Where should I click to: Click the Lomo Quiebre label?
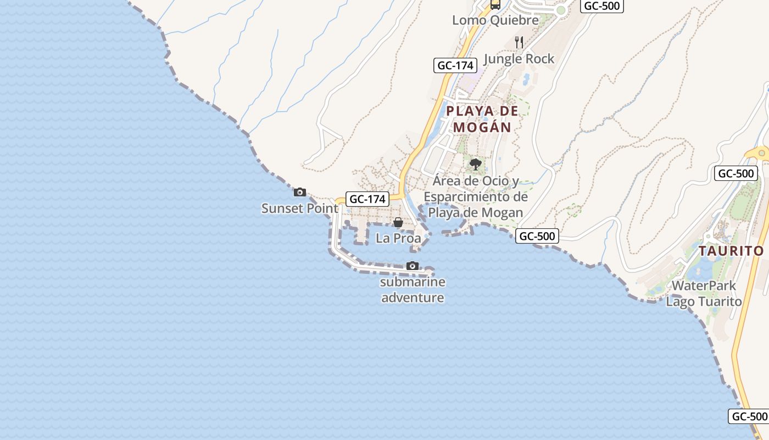click(495, 20)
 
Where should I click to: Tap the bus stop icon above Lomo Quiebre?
click(495, 4)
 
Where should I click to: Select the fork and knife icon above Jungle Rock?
click(519, 42)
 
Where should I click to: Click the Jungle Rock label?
click(519, 59)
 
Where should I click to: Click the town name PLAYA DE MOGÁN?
click(482, 119)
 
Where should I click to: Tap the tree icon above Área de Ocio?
click(476, 164)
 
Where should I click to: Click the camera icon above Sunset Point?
click(300, 192)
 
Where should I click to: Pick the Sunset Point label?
click(300, 208)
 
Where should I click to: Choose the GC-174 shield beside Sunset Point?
click(367, 199)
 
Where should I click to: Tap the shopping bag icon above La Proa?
click(398, 222)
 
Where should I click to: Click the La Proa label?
click(398, 238)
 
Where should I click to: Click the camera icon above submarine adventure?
click(413, 266)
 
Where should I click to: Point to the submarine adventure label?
click(413, 290)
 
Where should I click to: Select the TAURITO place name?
click(731, 251)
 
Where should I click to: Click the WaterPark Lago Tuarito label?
click(704, 294)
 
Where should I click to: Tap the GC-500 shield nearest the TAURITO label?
click(736, 174)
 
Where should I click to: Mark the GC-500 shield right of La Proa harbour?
click(537, 237)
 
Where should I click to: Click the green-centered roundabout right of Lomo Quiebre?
click(561, 10)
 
